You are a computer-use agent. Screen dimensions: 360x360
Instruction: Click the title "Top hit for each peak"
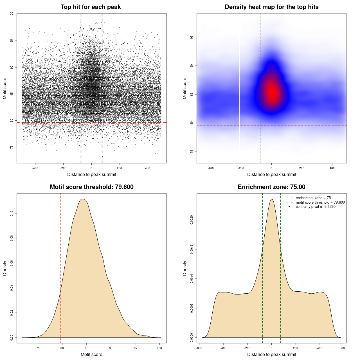[x=91, y=7]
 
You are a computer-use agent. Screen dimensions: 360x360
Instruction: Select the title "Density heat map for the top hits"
[x=271, y=7]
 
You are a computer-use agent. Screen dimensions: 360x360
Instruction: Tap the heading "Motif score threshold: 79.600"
[x=91, y=187]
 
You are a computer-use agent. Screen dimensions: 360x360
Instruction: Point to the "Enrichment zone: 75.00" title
[x=271, y=187]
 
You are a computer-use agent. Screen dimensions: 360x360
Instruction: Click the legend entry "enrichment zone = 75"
[x=313, y=198]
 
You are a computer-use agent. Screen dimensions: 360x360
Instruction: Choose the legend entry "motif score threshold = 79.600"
[x=320, y=202]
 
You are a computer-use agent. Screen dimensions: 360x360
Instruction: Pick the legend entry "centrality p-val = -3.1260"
[x=316, y=207]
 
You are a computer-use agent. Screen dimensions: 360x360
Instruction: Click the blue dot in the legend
[x=289, y=207]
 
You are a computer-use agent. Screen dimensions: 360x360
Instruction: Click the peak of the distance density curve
[x=272, y=199]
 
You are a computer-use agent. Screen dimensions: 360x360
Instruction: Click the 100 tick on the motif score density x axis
[x=159, y=348]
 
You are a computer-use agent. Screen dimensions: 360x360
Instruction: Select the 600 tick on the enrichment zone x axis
[x=344, y=348]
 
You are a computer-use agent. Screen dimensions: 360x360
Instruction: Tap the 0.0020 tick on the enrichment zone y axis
[x=192, y=220]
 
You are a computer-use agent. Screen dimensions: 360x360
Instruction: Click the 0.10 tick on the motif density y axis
[x=12, y=213]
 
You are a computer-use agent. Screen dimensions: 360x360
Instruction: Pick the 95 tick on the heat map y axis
[x=192, y=37]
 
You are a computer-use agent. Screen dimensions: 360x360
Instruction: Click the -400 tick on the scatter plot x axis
[x=35, y=168]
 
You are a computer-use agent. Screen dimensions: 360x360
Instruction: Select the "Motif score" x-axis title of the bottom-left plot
[x=91, y=354]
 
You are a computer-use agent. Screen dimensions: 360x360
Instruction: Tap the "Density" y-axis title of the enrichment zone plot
[x=185, y=268]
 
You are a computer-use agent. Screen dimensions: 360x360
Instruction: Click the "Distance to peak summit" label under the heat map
[x=271, y=174]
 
